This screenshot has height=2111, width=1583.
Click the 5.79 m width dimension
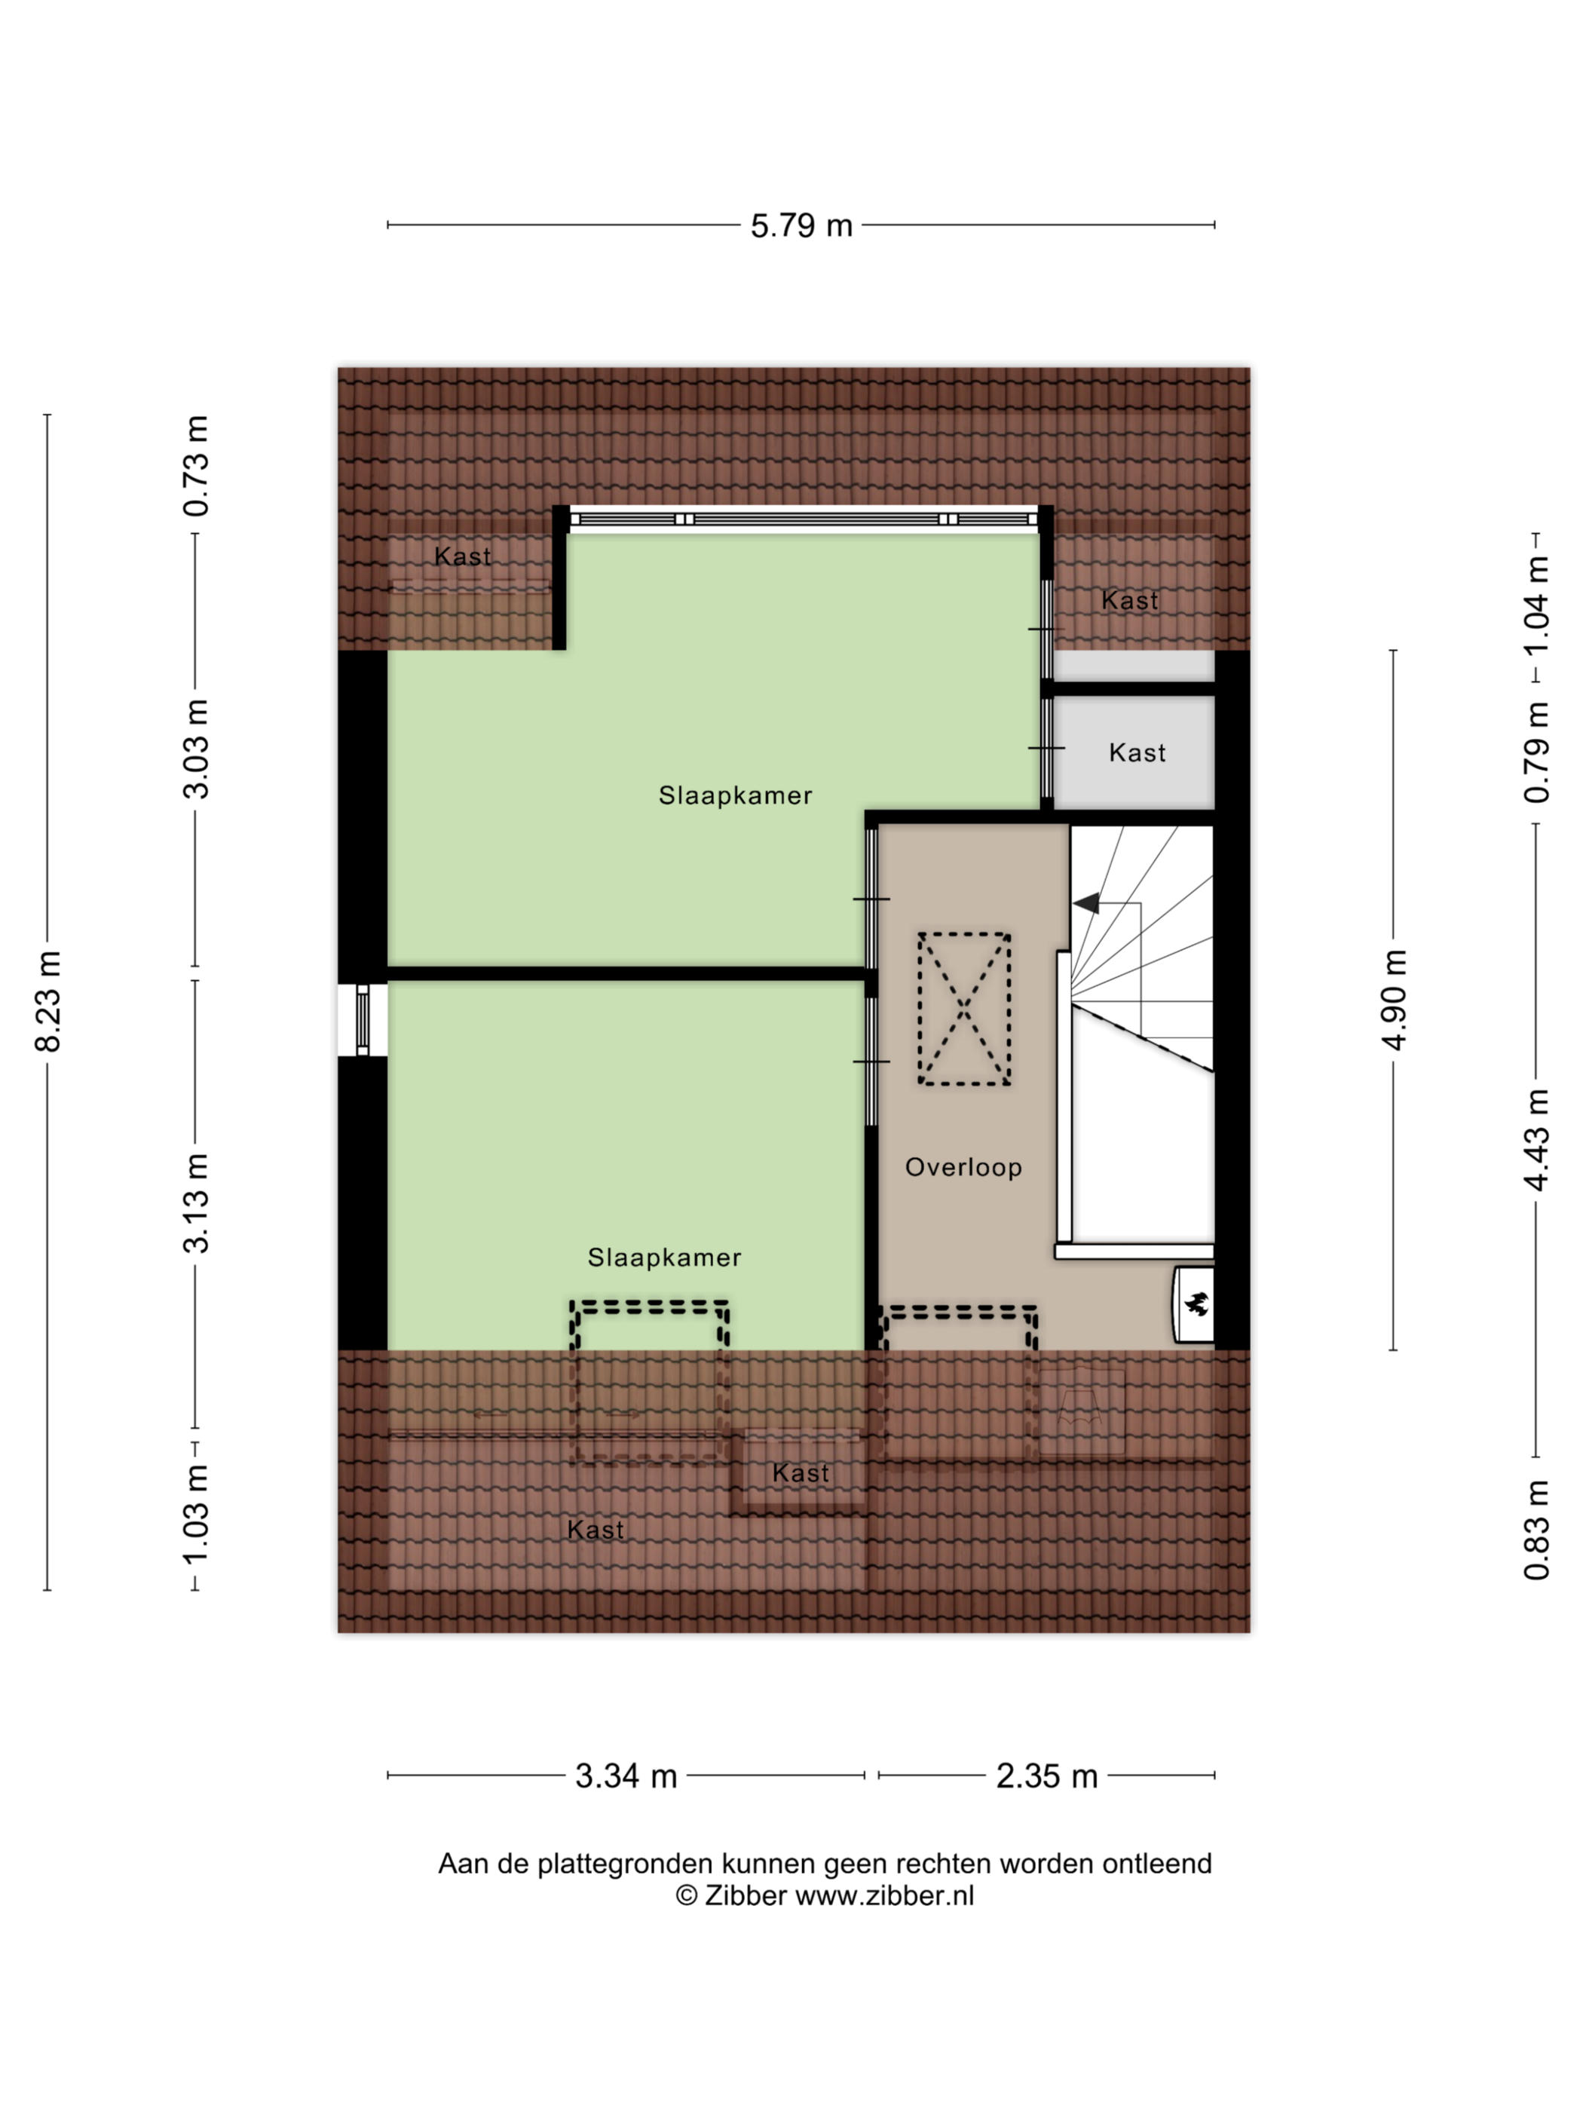point(801,225)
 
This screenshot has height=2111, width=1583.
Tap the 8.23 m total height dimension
point(47,1001)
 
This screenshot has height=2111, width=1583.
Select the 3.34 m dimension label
point(626,1776)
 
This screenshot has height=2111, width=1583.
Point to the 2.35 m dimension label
point(1047,1776)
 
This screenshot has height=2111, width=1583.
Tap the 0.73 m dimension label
point(195,466)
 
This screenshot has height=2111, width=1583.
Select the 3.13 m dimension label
point(195,1203)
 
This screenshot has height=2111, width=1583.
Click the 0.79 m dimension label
point(1536,752)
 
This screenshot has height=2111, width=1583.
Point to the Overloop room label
point(963,1167)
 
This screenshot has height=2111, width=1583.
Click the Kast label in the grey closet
point(1137,753)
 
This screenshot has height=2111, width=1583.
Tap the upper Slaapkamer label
point(736,796)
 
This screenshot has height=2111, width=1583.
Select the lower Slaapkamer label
point(664,1258)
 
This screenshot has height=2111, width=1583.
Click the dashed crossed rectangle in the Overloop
point(963,1009)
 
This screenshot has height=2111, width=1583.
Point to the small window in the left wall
point(363,1020)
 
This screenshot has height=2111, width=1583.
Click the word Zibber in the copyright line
point(746,1895)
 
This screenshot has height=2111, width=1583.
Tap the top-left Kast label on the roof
point(463,556)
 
